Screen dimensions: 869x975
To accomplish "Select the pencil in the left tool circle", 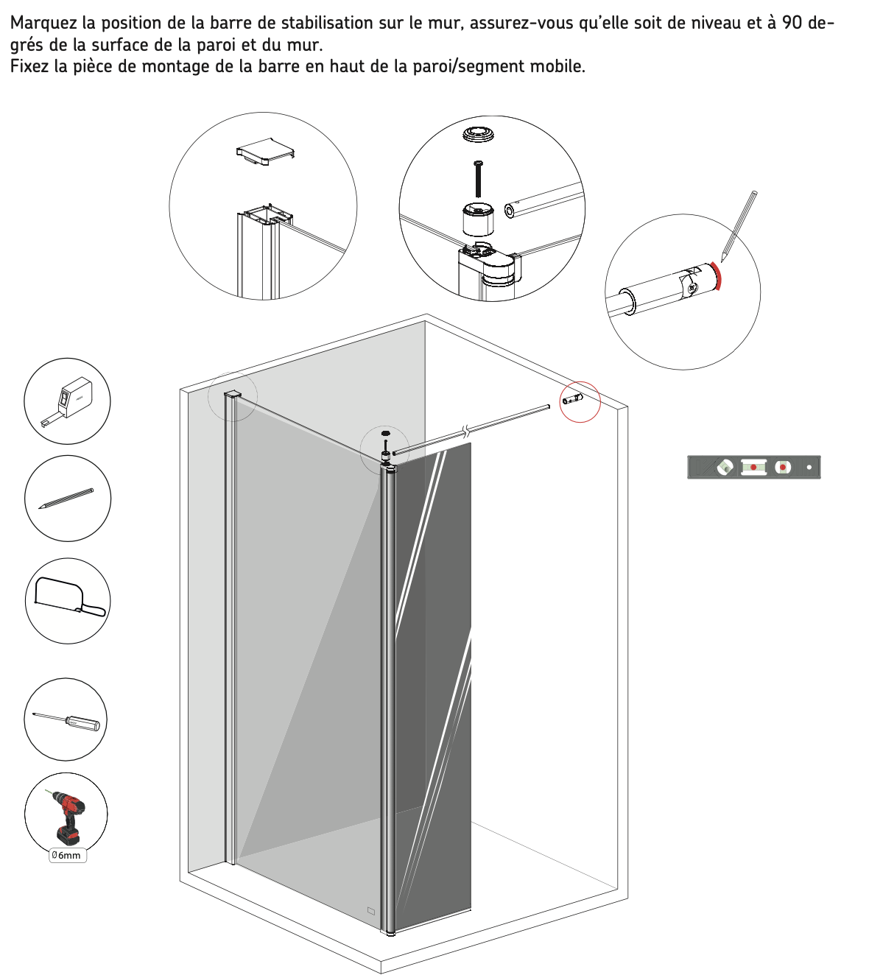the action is (66, 499).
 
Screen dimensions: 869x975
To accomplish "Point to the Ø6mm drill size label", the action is (68, 855).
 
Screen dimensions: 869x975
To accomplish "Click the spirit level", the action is (753, 467).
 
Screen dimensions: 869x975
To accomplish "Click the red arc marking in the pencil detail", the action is (717, 276).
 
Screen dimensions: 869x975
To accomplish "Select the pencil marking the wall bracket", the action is (739, 226).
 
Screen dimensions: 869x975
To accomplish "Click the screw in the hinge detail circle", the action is (478, 179).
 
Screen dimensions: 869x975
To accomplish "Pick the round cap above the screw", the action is (478, 134).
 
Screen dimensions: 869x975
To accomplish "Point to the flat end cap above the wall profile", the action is (265, 151).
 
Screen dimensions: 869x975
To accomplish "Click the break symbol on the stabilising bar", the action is (466, 430).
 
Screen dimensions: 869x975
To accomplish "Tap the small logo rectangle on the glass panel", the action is (370, 910).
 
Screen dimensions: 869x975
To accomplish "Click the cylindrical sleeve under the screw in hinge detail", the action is (478, 219).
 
